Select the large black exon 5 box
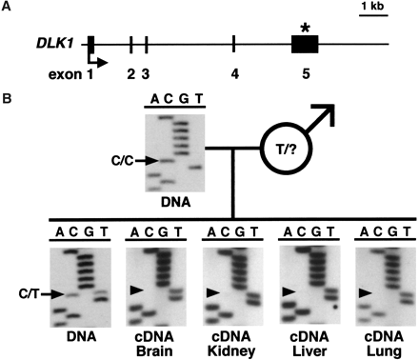click(x=305, y=44)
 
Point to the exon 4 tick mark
click(x=233, y=44)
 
